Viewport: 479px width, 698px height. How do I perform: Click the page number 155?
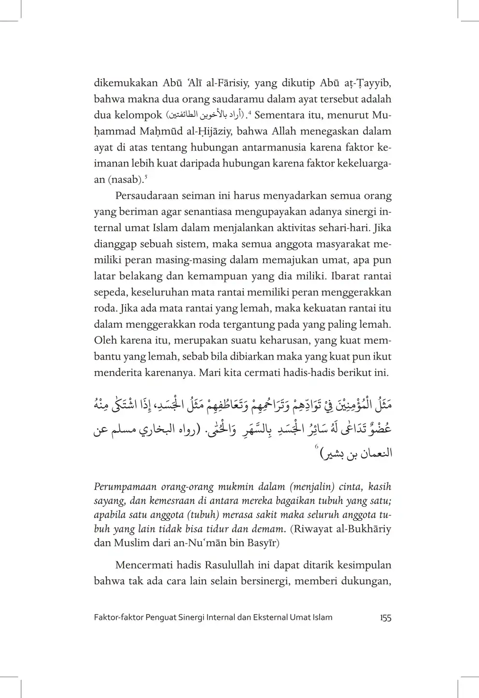tap(385, 617)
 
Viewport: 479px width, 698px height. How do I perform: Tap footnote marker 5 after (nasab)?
tap(145, 176)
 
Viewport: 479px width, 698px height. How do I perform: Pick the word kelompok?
tap(138, 115)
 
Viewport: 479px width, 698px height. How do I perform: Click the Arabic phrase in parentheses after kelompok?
tap(205, 115)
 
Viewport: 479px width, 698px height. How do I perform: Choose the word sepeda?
tap(109, 293)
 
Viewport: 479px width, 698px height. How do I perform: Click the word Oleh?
tap(105, 340)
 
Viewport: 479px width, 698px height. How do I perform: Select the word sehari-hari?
tap(348, 228)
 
